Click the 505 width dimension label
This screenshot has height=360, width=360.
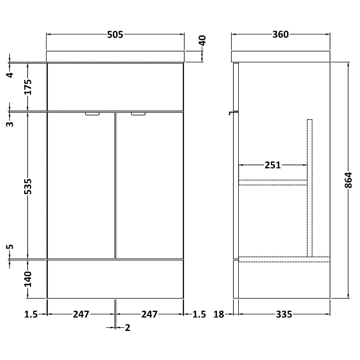115,35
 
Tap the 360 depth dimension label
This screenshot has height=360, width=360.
280,35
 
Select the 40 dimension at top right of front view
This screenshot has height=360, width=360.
202,40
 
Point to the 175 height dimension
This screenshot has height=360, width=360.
28,87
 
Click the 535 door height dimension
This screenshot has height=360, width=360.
28,186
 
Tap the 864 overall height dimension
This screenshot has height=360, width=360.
348,180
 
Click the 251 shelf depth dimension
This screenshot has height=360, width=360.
273,165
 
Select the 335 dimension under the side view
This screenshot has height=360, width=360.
284,314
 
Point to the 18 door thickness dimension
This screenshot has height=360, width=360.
219,314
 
